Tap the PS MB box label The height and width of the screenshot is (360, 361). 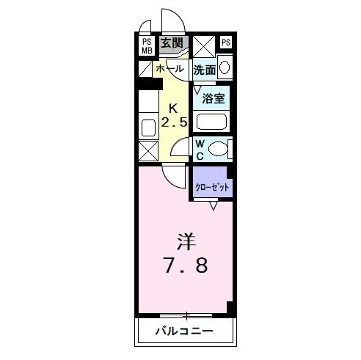point(147,46)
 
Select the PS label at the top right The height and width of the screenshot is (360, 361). point(225,42)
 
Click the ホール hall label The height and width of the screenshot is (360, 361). point(169,69)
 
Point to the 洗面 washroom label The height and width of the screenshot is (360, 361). point(205,70)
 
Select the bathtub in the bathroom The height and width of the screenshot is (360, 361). point(214,122)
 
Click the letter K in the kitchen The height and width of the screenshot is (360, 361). point(174,106)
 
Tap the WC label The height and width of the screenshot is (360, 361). point(200,149)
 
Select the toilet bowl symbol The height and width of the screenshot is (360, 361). point(219,149)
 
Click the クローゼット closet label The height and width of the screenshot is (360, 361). point(211,187)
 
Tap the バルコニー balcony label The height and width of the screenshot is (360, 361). point(184,331)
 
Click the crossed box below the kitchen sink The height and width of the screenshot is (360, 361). point(147,151)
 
